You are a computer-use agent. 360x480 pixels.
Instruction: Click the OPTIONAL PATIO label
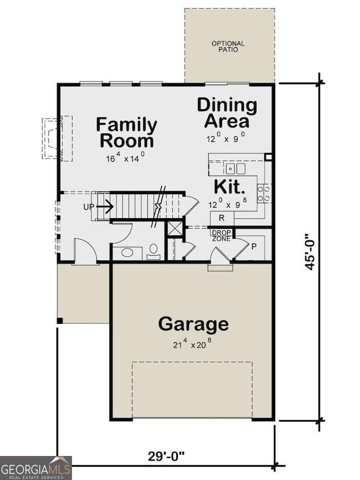click(228, 47)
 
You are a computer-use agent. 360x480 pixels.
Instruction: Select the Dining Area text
click(227, 112)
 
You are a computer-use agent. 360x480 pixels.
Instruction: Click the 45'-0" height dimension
click(311, 250)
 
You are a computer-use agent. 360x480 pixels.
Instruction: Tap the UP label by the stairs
click(89, 207)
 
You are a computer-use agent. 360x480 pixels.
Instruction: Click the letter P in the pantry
click(254, 247)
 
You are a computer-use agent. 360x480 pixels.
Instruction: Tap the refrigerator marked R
click(221, 219)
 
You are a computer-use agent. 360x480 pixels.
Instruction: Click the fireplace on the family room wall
click(57, 138)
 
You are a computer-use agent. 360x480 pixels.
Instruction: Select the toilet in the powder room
click(152, 252)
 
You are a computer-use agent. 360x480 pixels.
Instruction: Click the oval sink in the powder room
click(127, 254)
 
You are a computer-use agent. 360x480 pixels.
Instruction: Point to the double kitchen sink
click(236, 168)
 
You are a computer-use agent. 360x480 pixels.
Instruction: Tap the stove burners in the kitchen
click(267, 192)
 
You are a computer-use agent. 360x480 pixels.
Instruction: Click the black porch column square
click(59, 320)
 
